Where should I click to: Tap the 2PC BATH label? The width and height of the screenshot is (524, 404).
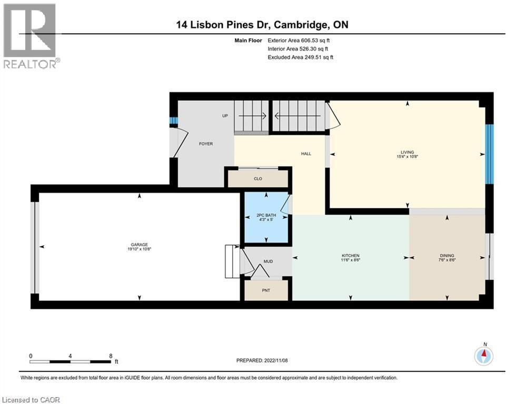(x=266, y=216)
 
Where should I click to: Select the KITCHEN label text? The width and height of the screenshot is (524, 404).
(x=350, y=256)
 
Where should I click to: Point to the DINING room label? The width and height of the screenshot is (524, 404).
(x=447, y=256)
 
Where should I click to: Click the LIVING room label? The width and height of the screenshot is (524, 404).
(x=407, y=153)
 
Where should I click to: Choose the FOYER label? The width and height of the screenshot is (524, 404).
(x=205, y=144)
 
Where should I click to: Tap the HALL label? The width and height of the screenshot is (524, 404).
(x=306, y=154)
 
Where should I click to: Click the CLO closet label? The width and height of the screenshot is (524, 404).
(x=258, y=179)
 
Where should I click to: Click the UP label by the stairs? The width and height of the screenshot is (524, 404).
(x=225, y=115)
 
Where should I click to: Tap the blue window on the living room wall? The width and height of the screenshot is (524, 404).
(x=489, y=154)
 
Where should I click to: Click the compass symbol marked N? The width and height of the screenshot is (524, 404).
(x=483, y=356)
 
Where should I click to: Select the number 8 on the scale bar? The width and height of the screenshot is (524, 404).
(x=111, y=356)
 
